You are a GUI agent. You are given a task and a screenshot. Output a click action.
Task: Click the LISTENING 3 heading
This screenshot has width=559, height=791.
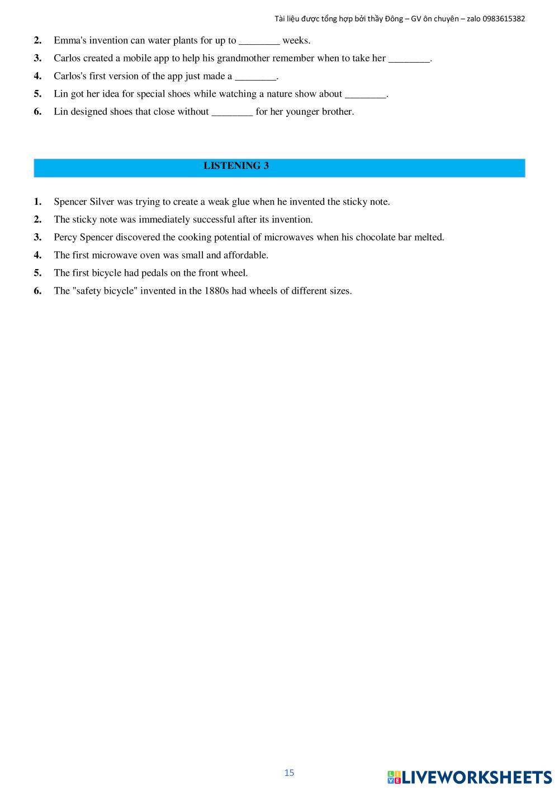coord(236,166)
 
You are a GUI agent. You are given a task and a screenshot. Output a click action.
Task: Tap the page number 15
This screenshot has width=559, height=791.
coord(289,773)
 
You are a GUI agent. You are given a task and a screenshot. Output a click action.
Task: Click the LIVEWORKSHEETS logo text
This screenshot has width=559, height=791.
coord(476,777)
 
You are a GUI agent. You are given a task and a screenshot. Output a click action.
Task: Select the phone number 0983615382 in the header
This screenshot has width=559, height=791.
coord(504,18)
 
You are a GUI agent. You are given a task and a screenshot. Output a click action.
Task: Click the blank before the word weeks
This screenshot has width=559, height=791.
coord(259,40)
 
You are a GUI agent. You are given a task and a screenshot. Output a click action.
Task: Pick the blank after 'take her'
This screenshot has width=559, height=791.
coord(409,58)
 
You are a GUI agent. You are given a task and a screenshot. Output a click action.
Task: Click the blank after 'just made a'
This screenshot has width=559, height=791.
coord(255,76)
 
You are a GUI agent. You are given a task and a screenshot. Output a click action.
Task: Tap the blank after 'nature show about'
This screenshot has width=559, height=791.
coord(366,94)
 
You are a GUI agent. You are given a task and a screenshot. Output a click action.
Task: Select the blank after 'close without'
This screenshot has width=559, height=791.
coord(232,112)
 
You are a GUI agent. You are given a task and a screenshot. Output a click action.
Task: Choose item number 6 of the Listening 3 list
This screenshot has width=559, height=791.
coord(38,291)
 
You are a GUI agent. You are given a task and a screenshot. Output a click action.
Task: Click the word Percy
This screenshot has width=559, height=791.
coord(65,237)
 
